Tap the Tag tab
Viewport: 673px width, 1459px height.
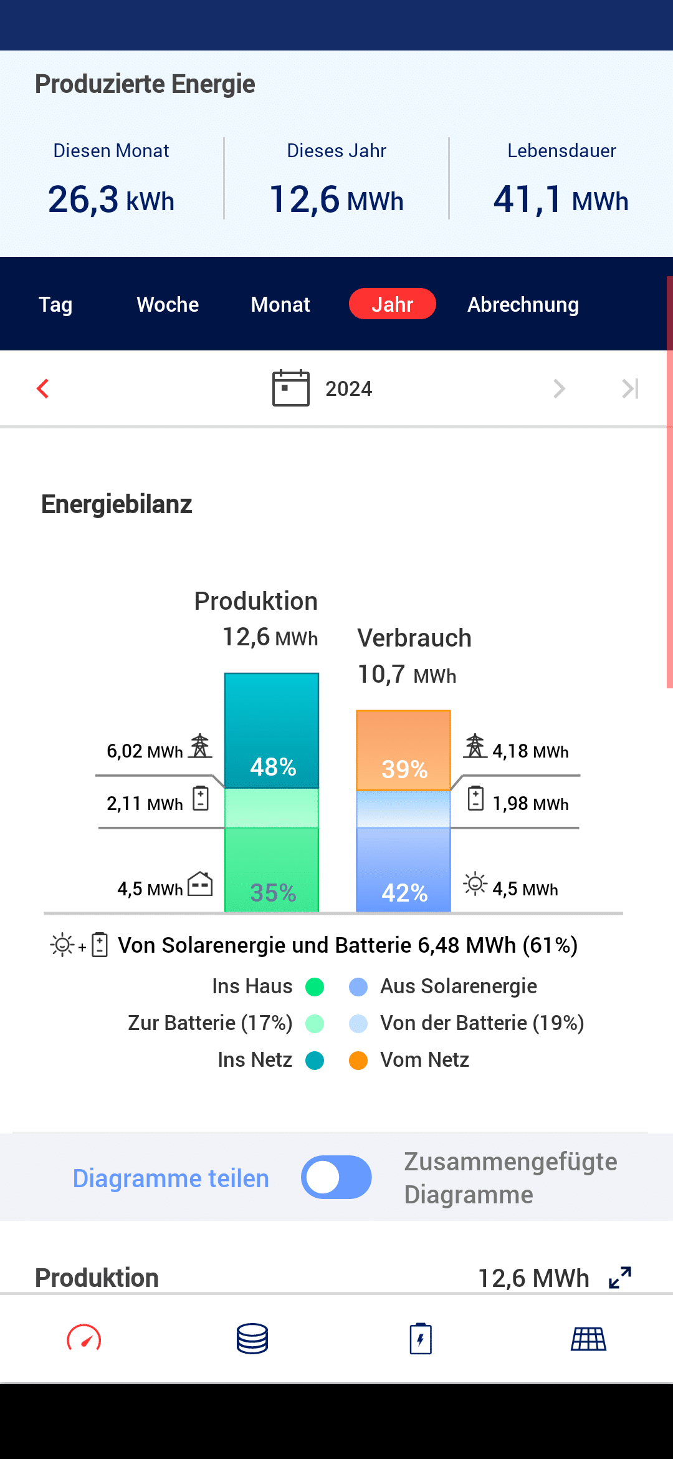point(55,304)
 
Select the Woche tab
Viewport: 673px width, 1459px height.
point(168,304)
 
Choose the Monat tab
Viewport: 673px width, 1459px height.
point(280,304)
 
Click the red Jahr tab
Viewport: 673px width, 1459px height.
point(392,304)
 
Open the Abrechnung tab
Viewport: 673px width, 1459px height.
point(523,304)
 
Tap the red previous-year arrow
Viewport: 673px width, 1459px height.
point(43,388)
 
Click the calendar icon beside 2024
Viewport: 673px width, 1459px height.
point(290,388)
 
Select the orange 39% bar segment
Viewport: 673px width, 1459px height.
point(403,750)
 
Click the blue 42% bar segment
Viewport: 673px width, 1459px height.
point(403,870)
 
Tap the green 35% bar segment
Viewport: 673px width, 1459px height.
point(272,870)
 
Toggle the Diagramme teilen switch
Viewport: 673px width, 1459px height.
point(336,1177)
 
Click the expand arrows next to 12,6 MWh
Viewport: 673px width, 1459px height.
point(620,1278)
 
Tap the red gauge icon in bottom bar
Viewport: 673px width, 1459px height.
point(84,1339)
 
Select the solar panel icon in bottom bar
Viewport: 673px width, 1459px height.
point(589,1339)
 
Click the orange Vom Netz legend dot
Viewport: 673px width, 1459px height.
point(358,1060)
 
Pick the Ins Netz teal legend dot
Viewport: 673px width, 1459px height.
point(315,1060)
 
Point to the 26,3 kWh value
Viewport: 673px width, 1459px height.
point(111,200)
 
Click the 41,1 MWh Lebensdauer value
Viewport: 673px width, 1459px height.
point(561,200)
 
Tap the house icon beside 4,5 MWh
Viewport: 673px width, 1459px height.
point(200,884)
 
